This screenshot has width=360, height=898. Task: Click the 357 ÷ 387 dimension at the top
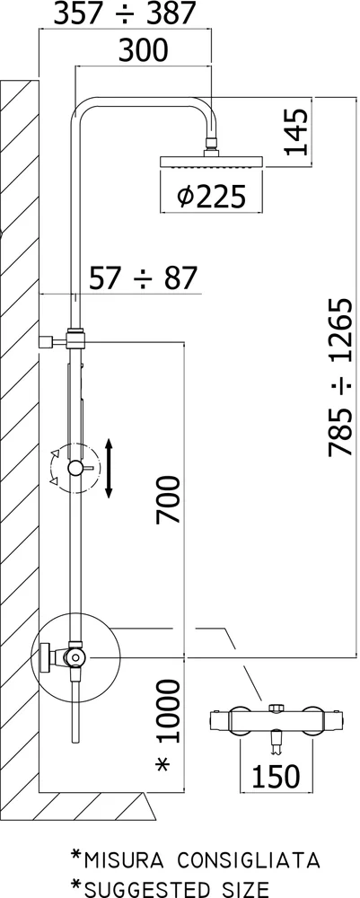[124, 13]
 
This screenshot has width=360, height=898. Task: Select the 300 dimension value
[144, 51]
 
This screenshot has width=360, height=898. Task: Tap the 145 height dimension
[296, 132]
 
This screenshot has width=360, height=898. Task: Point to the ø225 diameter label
[211, 197]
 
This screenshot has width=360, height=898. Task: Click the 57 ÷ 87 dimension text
[144, 279]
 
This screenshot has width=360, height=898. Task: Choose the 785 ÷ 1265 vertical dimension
[342, 377]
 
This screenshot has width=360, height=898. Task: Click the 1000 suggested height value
[169, 710]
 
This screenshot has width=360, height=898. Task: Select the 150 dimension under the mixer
[276, 776]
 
